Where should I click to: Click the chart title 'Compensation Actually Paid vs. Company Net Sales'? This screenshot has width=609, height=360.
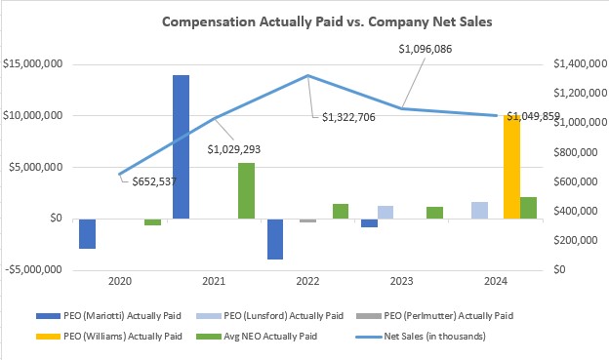tap(305, 20)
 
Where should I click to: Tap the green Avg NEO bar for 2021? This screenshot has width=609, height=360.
tap(246, 190)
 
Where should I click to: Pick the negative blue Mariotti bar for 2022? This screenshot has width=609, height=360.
tap(274, 239)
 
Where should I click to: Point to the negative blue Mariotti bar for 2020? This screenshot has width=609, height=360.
tap(88, 233)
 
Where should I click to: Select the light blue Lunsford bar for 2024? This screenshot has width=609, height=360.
tap(479, 210)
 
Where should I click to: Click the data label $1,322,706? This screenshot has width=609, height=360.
tap(352, 118)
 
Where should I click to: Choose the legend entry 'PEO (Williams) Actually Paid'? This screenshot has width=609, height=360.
tap(138, 337)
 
